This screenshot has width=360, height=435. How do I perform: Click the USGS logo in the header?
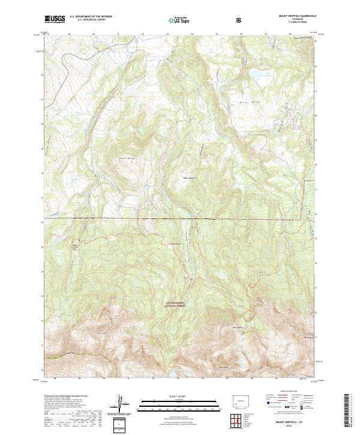[56, 20]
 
